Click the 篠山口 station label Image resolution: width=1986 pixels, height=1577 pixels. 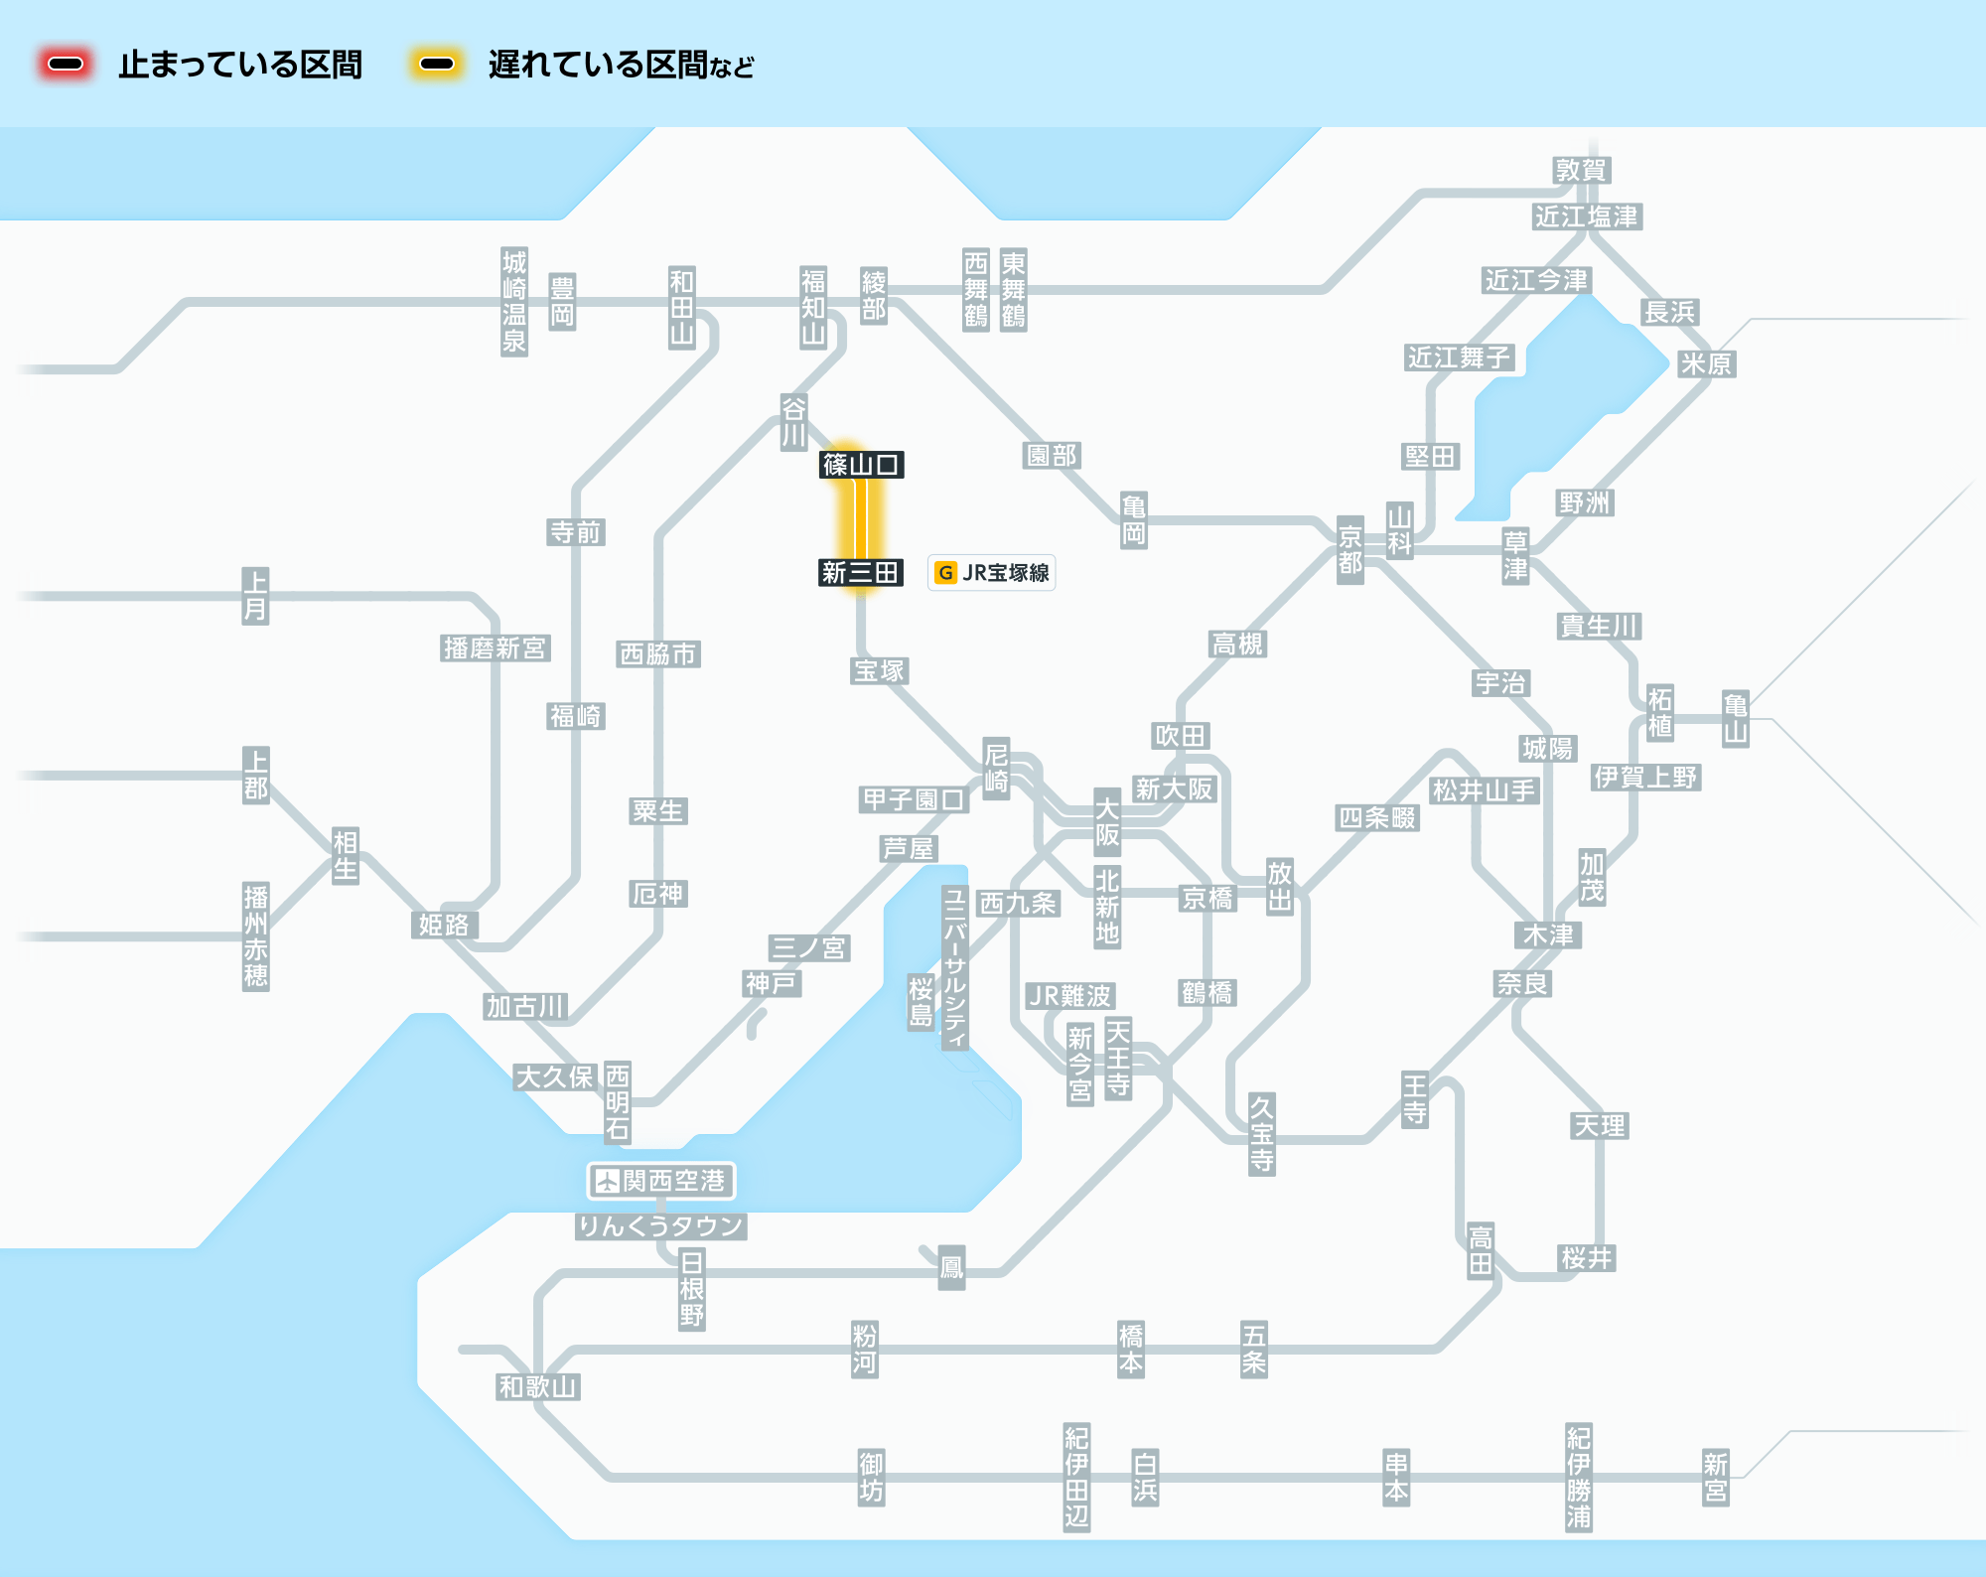[861, 464]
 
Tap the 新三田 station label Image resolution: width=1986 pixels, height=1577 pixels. [860, 573]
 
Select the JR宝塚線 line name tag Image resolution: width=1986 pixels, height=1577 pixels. [991, 573]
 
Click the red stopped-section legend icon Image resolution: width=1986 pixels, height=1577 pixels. [66, 65]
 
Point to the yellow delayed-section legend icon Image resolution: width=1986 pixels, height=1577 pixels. [436, 65]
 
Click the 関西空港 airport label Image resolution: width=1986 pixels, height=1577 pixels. [660, 1181]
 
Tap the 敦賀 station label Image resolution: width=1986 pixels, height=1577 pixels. [1581, 170]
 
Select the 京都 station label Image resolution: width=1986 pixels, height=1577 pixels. [1349, 550]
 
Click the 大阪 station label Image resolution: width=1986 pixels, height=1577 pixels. [1106, 822]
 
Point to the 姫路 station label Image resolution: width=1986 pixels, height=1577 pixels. [444, 925]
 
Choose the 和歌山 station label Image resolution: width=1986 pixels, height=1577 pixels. [537, 1386]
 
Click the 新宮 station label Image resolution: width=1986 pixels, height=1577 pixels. [1715, 1477]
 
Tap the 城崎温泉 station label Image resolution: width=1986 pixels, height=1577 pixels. [513, 302]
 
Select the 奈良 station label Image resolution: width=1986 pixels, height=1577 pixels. [1522, 983]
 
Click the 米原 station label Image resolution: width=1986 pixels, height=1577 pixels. [1705, 364]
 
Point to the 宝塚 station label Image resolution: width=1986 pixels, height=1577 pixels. [880, 671]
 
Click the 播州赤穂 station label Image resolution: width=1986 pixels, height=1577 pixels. [255, 935]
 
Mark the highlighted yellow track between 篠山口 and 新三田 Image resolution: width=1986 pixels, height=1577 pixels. [860, 518]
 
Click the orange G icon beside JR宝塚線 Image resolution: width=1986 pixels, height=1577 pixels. [945, 573]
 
